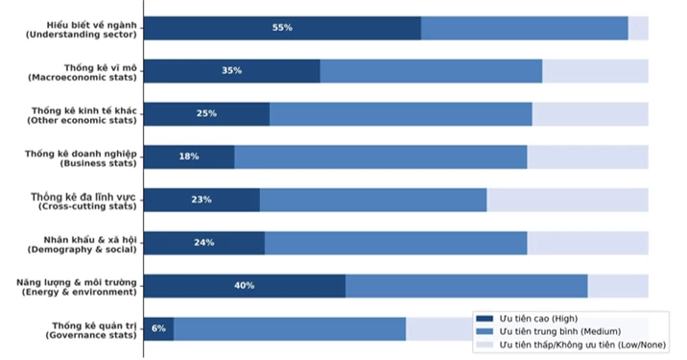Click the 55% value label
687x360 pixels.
click(x=282, y=28)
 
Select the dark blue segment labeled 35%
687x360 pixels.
click(x=232, y=71)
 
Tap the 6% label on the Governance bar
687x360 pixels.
click(x=158, y=328)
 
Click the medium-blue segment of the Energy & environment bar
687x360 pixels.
click(x=466, y=286)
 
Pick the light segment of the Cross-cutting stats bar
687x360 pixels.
click(x=567, y=200)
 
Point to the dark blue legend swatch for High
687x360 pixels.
click(x=485, y=319)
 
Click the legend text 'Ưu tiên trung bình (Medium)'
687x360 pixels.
click(x=560, y=331)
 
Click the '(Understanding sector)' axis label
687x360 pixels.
click(x=82, y=35)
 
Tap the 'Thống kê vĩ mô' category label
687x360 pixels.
click(x=101, y=67)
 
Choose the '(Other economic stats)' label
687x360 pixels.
click(x=82, y=121)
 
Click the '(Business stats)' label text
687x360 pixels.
click(x=98, y=163)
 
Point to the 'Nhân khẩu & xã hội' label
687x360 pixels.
click(x=90, y=240)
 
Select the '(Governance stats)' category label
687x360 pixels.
click(x=91, y=335)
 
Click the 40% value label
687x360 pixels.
click(x=244, y=286)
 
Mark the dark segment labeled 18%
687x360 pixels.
click(x=189, y=157)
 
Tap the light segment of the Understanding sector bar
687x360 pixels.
click(x=638, y=29)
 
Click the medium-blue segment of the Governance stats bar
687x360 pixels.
click(x=290, y=329)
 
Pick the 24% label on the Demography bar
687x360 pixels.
click(x=204, y=243)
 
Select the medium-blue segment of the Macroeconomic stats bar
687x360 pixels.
click(x=431, y=71)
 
